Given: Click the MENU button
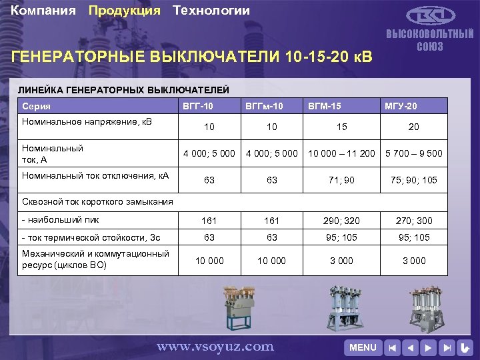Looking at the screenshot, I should pos(363,347).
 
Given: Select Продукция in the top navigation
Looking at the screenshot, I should pos(125,11).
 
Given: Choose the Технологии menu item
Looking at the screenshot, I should pos(211,11).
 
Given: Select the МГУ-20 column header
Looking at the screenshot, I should pos(401,106).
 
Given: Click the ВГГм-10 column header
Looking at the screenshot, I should pos(265,106).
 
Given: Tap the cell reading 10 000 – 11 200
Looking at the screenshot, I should pos(341,153).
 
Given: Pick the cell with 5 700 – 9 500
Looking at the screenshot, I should pos(413,153).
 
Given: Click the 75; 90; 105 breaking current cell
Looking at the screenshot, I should pos(413,179).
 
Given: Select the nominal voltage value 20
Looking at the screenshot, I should pos(413,127).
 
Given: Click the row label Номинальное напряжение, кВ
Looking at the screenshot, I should pos(87,122).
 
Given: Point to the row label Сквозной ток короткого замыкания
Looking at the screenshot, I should pos(88,201).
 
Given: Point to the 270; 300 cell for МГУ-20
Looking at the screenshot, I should pos(413,220).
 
